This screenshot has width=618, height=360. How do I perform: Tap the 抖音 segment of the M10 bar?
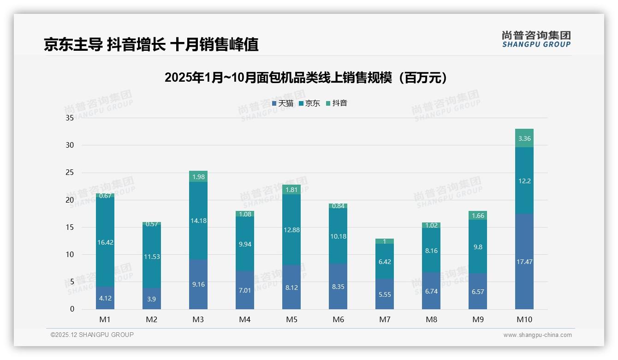pyautogui.click(x=524, y=138)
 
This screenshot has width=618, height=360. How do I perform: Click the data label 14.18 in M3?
pyautogui.click(x=198, y=221)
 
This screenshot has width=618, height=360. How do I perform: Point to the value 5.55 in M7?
pyautogui.click(x=385, y=294)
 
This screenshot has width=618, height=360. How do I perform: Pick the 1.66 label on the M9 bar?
pyautogui.click(x=478, y=216)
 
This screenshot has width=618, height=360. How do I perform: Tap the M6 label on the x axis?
pyautogui.click(x=338, y=319)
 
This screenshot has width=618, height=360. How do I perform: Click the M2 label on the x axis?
pyautogui.click(x=152, y=319)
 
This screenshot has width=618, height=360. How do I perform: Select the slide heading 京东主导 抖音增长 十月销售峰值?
pyautogui.click(x=151, y=44)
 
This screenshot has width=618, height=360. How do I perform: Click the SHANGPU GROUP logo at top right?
pyautogui.click(x=536, y=39)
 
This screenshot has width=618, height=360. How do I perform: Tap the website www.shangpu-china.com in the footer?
pyautogui.click(x=537, y=335)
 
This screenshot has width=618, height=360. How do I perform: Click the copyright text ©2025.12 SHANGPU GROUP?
pyautogui.click(x=92, y=335)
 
